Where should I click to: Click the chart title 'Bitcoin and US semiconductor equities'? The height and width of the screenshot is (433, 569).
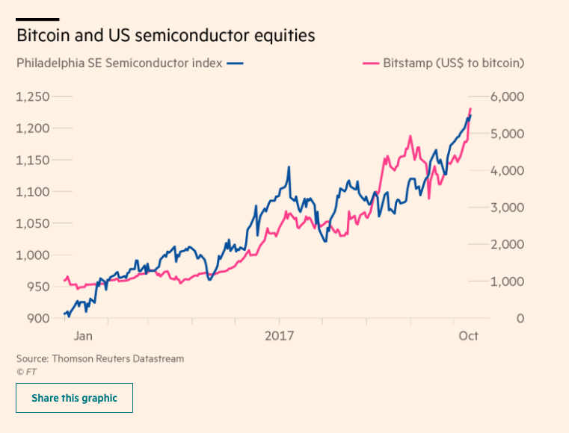pos(165,35)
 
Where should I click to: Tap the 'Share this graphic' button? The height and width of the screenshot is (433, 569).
pos(74,398)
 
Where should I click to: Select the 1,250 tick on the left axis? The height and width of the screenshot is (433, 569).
pos(33,96)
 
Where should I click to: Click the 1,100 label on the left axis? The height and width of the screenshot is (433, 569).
pos(33,192)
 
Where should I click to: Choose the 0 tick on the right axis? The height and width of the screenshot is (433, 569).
pos(520,319)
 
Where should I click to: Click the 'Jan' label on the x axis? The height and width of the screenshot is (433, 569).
pos(83,336)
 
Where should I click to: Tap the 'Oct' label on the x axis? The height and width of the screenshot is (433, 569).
pos(468,336)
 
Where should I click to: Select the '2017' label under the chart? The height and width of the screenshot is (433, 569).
pos(280,336)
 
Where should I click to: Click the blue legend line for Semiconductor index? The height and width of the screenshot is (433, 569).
pos(235,63)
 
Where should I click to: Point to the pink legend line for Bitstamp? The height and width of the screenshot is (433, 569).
pos(369,63)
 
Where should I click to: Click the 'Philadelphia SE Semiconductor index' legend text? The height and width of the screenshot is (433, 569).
pos(119,63)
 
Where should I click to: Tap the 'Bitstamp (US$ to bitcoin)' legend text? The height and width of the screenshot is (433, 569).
pos(453,63)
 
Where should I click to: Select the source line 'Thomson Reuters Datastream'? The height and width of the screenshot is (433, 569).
pos(100,358)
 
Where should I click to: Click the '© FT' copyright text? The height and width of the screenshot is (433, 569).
pos(26,370)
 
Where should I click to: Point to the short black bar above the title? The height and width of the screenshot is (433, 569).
pos(37,19)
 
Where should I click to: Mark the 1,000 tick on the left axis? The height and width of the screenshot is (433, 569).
pos(33,255)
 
